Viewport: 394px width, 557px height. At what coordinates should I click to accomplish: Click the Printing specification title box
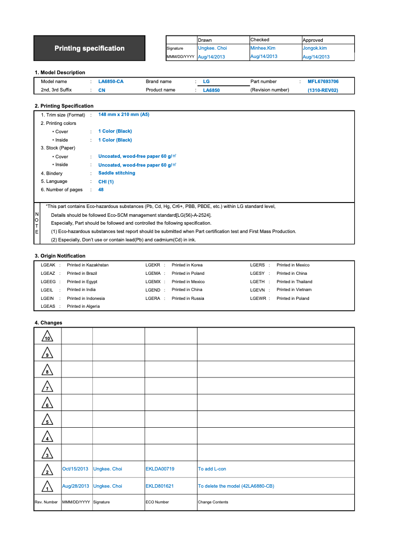89,48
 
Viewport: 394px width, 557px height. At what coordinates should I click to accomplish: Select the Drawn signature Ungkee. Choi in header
212,48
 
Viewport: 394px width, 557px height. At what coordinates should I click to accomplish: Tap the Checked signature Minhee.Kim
263,48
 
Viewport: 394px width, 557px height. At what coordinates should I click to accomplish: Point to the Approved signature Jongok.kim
314,48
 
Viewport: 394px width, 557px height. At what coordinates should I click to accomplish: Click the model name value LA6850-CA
111,82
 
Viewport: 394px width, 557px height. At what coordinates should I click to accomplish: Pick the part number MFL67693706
323,82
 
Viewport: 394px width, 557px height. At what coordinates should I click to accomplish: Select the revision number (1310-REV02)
323,90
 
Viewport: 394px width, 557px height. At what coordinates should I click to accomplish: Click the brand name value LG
206,82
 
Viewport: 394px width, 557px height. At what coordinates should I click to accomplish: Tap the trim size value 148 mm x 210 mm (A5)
124,115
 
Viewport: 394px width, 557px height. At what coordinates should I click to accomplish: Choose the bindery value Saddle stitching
116,173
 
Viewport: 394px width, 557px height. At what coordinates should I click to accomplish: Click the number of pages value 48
101,190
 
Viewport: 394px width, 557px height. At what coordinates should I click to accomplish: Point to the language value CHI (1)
106,182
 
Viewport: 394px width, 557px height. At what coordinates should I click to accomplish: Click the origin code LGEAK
48,265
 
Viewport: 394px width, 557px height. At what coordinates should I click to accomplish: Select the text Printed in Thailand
294,282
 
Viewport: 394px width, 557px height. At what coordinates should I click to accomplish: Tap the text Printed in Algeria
83,306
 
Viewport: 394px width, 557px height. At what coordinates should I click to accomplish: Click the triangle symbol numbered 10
47,337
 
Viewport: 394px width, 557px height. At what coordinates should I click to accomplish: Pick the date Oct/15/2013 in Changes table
75,469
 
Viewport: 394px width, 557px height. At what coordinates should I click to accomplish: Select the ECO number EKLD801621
160,486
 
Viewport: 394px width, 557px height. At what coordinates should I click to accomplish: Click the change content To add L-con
212,469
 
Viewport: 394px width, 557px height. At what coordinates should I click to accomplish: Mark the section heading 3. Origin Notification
60,256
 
